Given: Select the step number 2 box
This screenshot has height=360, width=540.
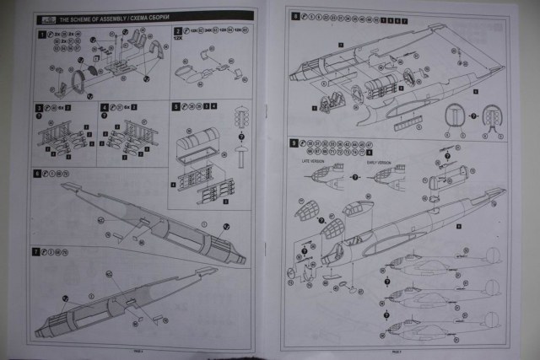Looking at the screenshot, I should click(177, 32).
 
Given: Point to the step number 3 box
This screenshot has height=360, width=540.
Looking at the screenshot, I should click(39, 108).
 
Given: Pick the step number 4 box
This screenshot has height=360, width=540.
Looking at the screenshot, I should click(104, 108).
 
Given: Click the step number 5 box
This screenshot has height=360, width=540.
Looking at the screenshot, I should click(175, 108).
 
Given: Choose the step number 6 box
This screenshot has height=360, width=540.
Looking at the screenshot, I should click(36, 174).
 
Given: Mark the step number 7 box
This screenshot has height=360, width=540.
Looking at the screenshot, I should click(35, 252).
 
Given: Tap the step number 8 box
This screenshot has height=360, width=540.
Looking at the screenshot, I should click(294, 17).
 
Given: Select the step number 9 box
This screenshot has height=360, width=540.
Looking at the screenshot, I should click(294, 143).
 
